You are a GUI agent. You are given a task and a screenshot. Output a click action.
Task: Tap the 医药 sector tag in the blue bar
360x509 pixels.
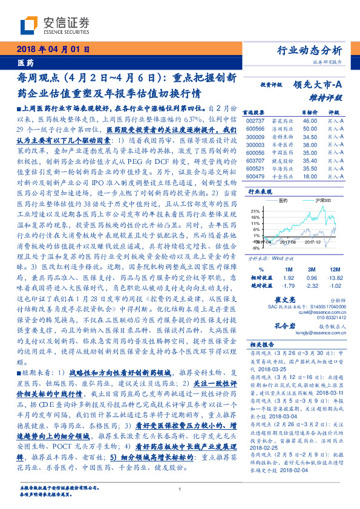click(x=26, y=63)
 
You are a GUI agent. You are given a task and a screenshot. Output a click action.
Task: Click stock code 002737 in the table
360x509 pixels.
click(x=257, y=121)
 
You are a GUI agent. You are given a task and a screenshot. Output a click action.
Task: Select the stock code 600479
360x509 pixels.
click(x=257, y=176)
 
